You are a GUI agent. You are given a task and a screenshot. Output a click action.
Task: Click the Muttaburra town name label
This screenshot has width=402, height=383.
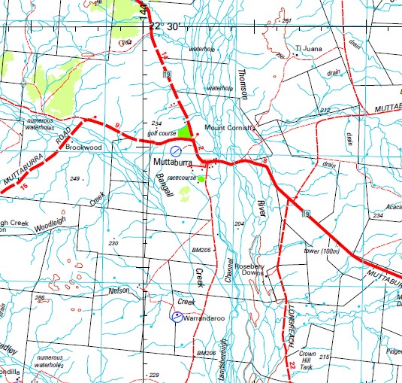[173, 163]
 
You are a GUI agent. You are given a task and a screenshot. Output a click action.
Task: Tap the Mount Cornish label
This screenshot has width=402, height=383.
[231, 128]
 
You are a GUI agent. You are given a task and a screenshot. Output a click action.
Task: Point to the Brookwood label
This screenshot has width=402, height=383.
[83, 148]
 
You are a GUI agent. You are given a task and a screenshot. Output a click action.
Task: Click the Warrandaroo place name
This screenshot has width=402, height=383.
[205, 319]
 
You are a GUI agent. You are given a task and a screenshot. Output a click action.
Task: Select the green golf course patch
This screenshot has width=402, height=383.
[184, 132]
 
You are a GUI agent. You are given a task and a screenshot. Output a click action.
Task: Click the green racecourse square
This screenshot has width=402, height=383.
[201, 179]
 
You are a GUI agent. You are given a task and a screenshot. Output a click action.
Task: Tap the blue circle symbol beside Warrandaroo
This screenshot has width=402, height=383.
[177, 317]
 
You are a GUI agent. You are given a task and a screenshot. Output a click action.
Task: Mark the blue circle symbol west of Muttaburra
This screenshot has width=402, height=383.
[176, 150]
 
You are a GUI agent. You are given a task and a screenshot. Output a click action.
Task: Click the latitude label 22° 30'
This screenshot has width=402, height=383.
[166, 26]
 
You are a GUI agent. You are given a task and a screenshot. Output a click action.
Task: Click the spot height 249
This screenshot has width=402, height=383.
[74, 178]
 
